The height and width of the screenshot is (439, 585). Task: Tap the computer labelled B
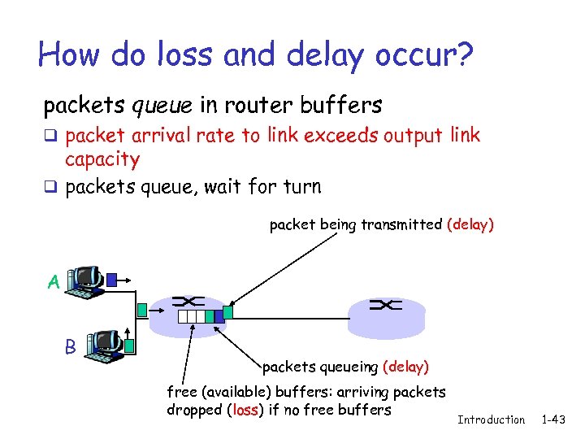105,345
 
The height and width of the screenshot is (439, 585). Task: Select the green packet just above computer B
142,309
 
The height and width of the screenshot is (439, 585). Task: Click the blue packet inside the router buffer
210,317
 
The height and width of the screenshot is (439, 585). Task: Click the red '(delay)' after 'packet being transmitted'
470,224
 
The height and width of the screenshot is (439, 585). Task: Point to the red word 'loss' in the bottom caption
245,410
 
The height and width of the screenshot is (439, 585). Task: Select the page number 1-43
557,419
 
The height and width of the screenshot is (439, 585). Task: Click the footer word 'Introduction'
492,419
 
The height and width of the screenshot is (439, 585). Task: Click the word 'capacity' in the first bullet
102,159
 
